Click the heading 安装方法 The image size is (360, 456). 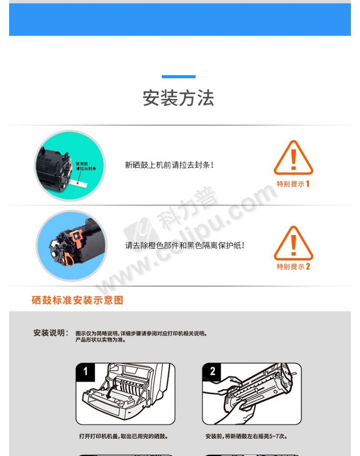pos(178,98)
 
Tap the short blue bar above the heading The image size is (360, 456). pos(178,77)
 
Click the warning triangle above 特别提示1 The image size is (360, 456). pos(293,158)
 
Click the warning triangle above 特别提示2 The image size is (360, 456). pos(293,244)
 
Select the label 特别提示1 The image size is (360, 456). pos(293,184)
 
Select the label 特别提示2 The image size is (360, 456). pos(293,266)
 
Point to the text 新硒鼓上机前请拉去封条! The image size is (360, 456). pos(170,165)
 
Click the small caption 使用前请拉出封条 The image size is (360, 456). pos(86,166)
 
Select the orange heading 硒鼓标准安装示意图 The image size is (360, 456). pos(77,300)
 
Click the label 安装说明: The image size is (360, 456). pos(51,333)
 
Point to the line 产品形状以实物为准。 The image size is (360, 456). pos(101,340)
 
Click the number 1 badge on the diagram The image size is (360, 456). pos(85,371)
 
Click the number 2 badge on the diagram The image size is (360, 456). pos(212,371)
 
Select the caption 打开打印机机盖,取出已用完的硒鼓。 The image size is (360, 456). pos(124,436)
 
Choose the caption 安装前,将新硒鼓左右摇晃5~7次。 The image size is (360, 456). pos(247,436)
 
